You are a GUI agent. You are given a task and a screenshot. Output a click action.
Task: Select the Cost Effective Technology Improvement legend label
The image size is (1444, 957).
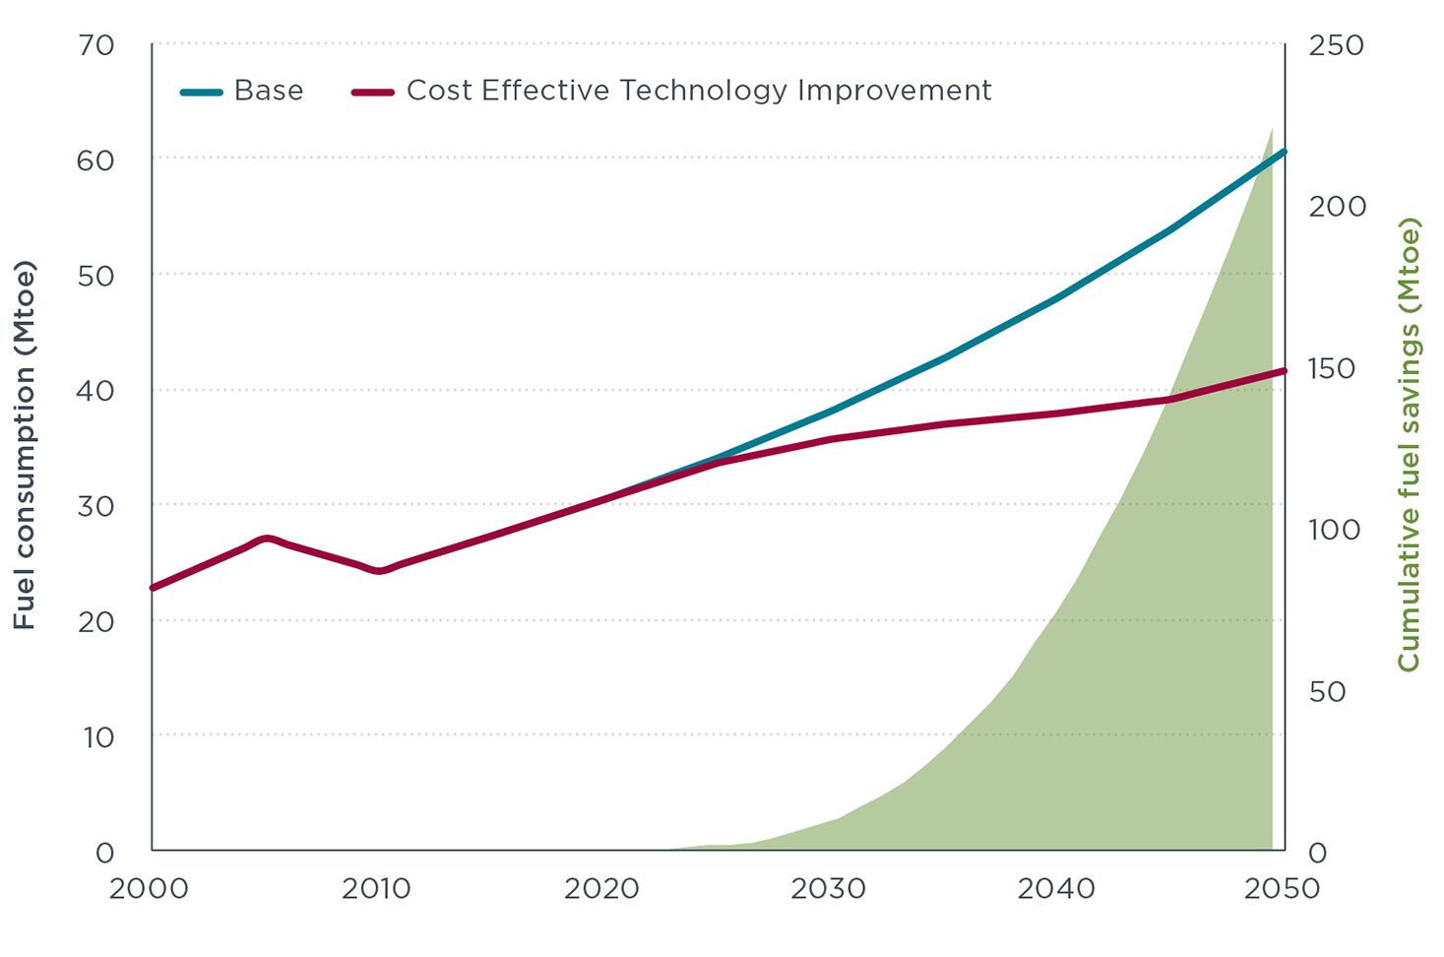[698, 92]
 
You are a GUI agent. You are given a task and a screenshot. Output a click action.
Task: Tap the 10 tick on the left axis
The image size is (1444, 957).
[97, 736]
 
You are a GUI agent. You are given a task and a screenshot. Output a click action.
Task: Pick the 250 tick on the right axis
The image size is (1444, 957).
[1336, 46]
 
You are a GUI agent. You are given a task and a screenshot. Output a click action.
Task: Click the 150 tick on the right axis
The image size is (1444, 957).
[1333, 369]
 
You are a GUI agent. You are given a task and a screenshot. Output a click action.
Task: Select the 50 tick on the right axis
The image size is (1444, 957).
[1326, 692]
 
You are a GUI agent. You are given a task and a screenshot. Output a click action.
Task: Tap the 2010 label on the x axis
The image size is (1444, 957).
[376, 889]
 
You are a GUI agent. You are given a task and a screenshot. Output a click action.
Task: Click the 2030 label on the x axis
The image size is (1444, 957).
[829, 889]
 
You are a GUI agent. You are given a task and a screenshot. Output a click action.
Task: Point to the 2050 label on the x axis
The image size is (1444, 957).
[1282, 889]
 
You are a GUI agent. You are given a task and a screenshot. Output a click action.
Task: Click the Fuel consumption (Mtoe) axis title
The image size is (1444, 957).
[24, 445]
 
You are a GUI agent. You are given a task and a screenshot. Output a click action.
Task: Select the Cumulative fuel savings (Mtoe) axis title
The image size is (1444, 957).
[1409, 445]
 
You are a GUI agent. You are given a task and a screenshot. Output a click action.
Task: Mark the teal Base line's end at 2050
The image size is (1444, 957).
[1284, 153]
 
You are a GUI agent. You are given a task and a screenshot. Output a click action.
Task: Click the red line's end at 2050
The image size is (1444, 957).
[1284, 371]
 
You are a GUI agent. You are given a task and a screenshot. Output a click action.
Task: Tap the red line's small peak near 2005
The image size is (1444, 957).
[267, 539]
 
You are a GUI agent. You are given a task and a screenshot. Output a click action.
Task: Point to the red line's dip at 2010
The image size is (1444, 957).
[379, 570]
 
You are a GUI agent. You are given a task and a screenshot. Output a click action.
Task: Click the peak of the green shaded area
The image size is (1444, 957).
[1272, 129]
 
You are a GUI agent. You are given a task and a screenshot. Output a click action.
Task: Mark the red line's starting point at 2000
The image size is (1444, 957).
[153, 588]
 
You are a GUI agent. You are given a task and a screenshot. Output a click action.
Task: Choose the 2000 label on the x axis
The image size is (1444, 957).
[149, 889]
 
